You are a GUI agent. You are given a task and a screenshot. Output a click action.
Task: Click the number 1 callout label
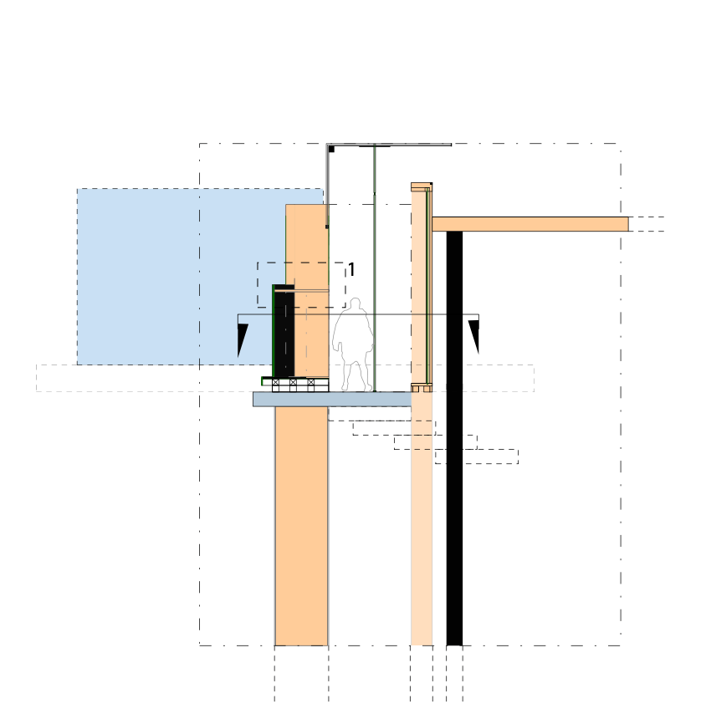tap(351, 270)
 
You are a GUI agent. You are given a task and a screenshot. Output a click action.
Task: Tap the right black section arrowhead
tap(474, 335)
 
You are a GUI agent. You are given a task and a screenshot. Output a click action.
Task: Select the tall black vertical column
tap(454, 438)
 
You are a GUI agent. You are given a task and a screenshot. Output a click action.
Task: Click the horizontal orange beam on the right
tap(530, 224)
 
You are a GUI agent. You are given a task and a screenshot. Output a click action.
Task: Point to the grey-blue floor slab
tap(332, 400)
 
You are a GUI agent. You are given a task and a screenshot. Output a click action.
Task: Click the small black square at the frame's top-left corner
tap(330, 149)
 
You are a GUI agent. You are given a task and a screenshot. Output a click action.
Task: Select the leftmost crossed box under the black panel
tap(276, 382)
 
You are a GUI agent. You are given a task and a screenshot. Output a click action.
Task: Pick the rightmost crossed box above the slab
tap(310, 382)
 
